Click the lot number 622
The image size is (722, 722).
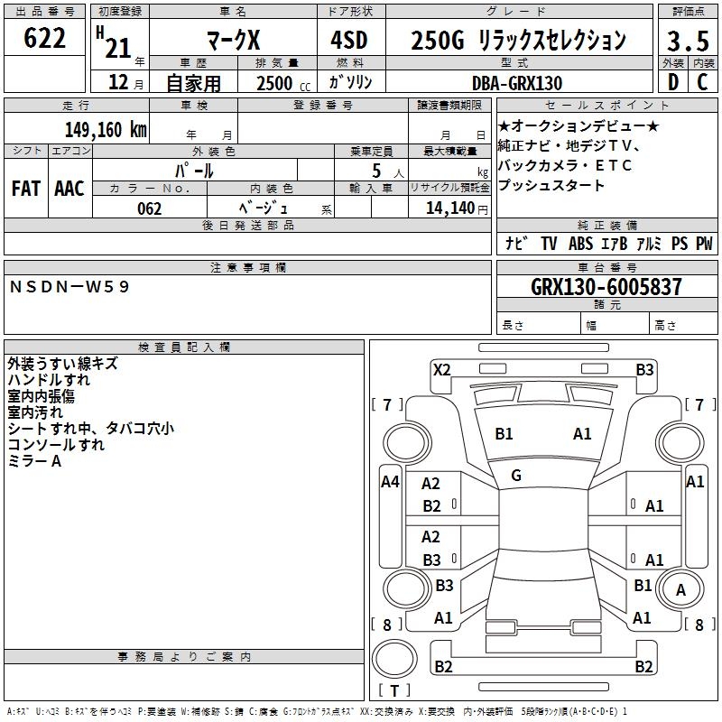click(44, 38)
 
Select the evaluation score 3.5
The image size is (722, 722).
click(688, 41)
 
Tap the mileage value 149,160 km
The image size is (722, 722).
click(106, 130)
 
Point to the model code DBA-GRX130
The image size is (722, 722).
click(517, 83)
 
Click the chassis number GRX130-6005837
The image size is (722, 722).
click(606, 287)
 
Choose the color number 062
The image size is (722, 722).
click(150, 209)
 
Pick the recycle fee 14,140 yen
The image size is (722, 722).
click(457, 208)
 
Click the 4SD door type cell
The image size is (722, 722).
click(349, 40)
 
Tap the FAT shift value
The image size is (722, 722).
click(26, 189)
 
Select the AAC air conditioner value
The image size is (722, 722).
click(69, 189)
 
